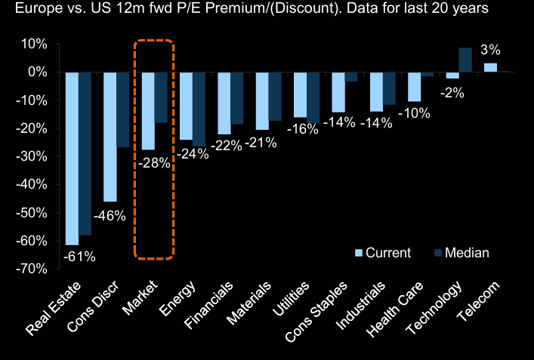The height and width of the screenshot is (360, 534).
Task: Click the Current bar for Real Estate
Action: pyautogui.click(x=73, y=158)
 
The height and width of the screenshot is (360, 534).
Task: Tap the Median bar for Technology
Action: pyautogui.click(x=465, y=60)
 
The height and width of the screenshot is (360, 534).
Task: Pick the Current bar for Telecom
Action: pyautogui.click(x=490, y=67)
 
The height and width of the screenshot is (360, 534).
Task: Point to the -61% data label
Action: pyautogui.click(x=79, y=257)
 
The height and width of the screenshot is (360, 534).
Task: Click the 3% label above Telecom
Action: pyautogui.click(x=491, y=51)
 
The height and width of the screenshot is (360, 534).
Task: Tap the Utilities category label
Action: pyautogui.click(x=293, y=299)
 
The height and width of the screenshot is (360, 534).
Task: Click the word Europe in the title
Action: pyautogui.click(x=28, y=10)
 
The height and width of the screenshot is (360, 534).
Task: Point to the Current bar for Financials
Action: pyautogui.click(x=224, y=103)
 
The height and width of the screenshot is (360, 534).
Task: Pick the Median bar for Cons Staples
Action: pyautogui.click(x=351, y=76)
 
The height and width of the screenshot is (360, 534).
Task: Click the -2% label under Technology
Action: pyautogui.click(x=453, y=94)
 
